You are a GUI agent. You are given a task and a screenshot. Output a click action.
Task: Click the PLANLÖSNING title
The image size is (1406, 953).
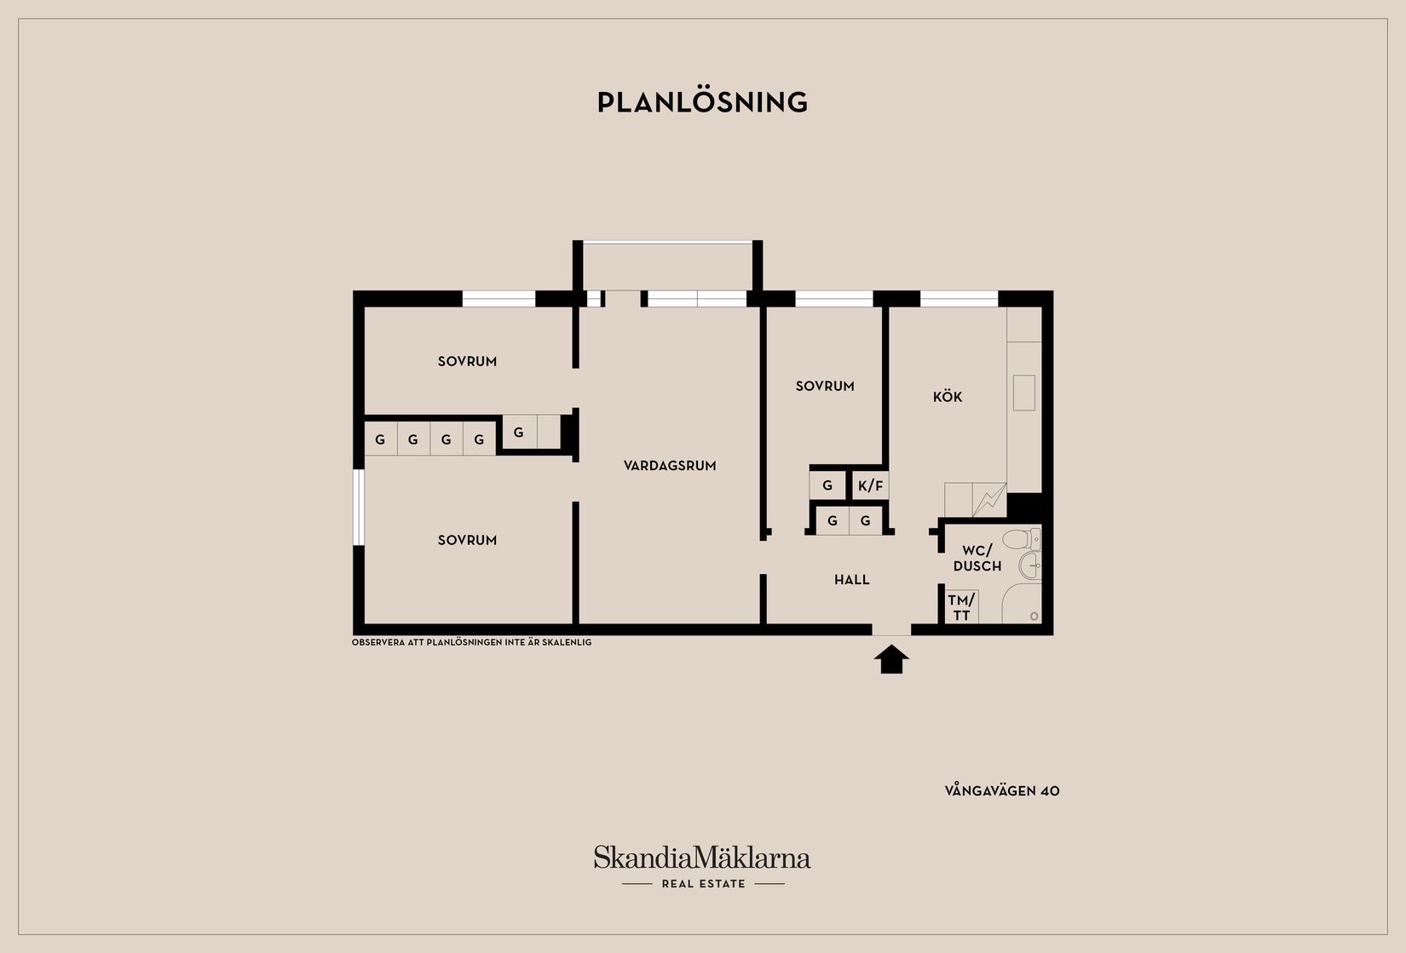pyautogui.click(x=702, y=102)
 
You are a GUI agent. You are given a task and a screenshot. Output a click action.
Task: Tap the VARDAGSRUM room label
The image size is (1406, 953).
pyautogui.click(x=670, y=466)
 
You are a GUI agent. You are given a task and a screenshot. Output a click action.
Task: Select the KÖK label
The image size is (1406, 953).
pyautogui.click(x=948, y=397)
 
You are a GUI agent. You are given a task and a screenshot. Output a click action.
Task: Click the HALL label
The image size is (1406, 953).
pyautogui.click(x=852, y=580)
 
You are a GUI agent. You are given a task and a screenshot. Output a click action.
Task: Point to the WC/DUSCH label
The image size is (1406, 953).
pyautogui.click(x=977, y=559)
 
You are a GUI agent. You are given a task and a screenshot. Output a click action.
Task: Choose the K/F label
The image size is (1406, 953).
pyautogui.click(x=871, y=485)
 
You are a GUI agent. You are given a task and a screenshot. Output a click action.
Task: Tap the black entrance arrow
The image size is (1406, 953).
pyautogui.click(x=891, y=659)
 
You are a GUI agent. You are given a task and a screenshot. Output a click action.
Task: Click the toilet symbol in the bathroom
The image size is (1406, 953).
pyautogui.click(x=1021, y=539)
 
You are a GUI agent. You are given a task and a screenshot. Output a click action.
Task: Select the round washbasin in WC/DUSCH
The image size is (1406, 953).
pyautogui.click(x=1030, y=565)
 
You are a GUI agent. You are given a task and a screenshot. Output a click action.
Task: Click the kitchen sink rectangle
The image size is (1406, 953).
pyautogui.click(x=1023, y=393)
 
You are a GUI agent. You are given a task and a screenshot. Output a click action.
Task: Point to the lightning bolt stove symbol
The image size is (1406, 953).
pyautogui.click(x=989, y=500)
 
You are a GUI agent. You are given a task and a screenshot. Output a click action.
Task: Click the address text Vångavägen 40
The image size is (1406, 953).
pyautogui.click(x=1002, y=790)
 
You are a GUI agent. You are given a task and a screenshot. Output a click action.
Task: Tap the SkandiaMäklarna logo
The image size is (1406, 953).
pyautogui.click(x=702, y=857)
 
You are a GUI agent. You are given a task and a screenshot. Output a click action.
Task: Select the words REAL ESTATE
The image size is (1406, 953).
pyautogui.click(x=704, y=883)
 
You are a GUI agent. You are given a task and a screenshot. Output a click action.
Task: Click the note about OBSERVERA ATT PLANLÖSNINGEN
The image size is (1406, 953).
pyautogui.click(x=471, y=642)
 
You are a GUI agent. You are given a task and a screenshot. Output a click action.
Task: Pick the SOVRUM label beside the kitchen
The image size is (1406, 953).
pyautogui.click(x=825, y=386)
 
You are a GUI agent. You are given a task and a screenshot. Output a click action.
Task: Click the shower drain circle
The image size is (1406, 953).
pyautogui.click(x=1034, y=616)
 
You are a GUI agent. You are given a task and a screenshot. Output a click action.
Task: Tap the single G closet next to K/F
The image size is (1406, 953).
pyautogui.click(x=827, y=485)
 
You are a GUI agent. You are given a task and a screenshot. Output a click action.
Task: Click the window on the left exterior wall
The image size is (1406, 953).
pyautogui.click(x=359, y=507)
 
